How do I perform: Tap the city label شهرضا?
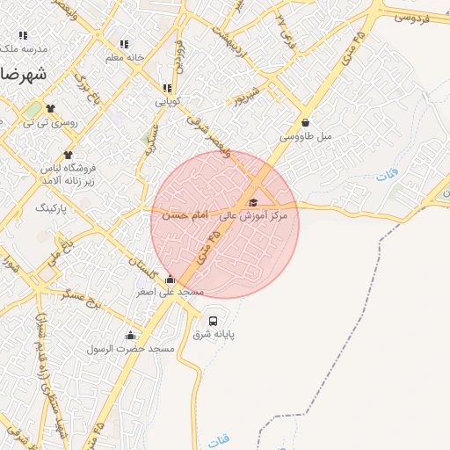click(19, 74)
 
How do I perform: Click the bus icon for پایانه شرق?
click(214, 320)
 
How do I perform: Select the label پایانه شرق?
click(214, 335)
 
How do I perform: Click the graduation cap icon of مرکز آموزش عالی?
click(252, 203)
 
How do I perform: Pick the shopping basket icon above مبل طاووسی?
click(305, 123)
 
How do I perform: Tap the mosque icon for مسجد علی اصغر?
click(170, 279)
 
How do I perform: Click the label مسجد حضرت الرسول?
click(130, 349)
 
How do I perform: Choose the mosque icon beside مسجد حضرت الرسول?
click(130, 335)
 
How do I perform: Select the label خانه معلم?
click(124, 58)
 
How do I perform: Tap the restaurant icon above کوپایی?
click(167, 88)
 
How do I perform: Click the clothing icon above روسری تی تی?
click(50, 109)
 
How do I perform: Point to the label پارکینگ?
click(50, 209)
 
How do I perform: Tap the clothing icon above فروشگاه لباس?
click(68, 154)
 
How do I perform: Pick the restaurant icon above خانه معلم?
click(124, 44)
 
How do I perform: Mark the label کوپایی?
click(167, 102)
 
